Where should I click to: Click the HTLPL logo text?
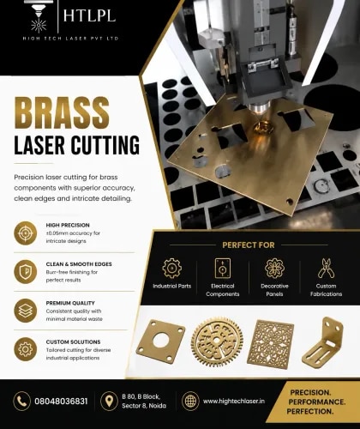pos(89,15)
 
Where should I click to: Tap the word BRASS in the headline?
pos(62,113)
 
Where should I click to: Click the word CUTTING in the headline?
pos(105,145)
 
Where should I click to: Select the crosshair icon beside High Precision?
pos(26,233)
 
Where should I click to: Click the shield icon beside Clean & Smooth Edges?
pos(26,272)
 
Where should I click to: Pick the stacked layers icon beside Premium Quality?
pos(26,311)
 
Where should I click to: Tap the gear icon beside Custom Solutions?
pos(26,349)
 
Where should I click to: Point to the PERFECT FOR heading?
pos(249,245)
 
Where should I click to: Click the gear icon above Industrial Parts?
pos(171,269)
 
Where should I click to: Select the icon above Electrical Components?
pos(223,269)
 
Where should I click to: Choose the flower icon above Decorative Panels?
pos(274,269)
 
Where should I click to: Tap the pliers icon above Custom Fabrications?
pos(326,269)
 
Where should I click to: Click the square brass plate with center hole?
pos(161,341)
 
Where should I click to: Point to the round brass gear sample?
pos(217,342)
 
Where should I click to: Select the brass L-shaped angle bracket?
pos(323,342)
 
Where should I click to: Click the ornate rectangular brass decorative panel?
pos(270,344)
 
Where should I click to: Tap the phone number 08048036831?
pos(61,402)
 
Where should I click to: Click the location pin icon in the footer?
pos(109,402)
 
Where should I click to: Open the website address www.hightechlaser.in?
pos(234,402)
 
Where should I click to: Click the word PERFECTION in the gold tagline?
pos(310,412)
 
